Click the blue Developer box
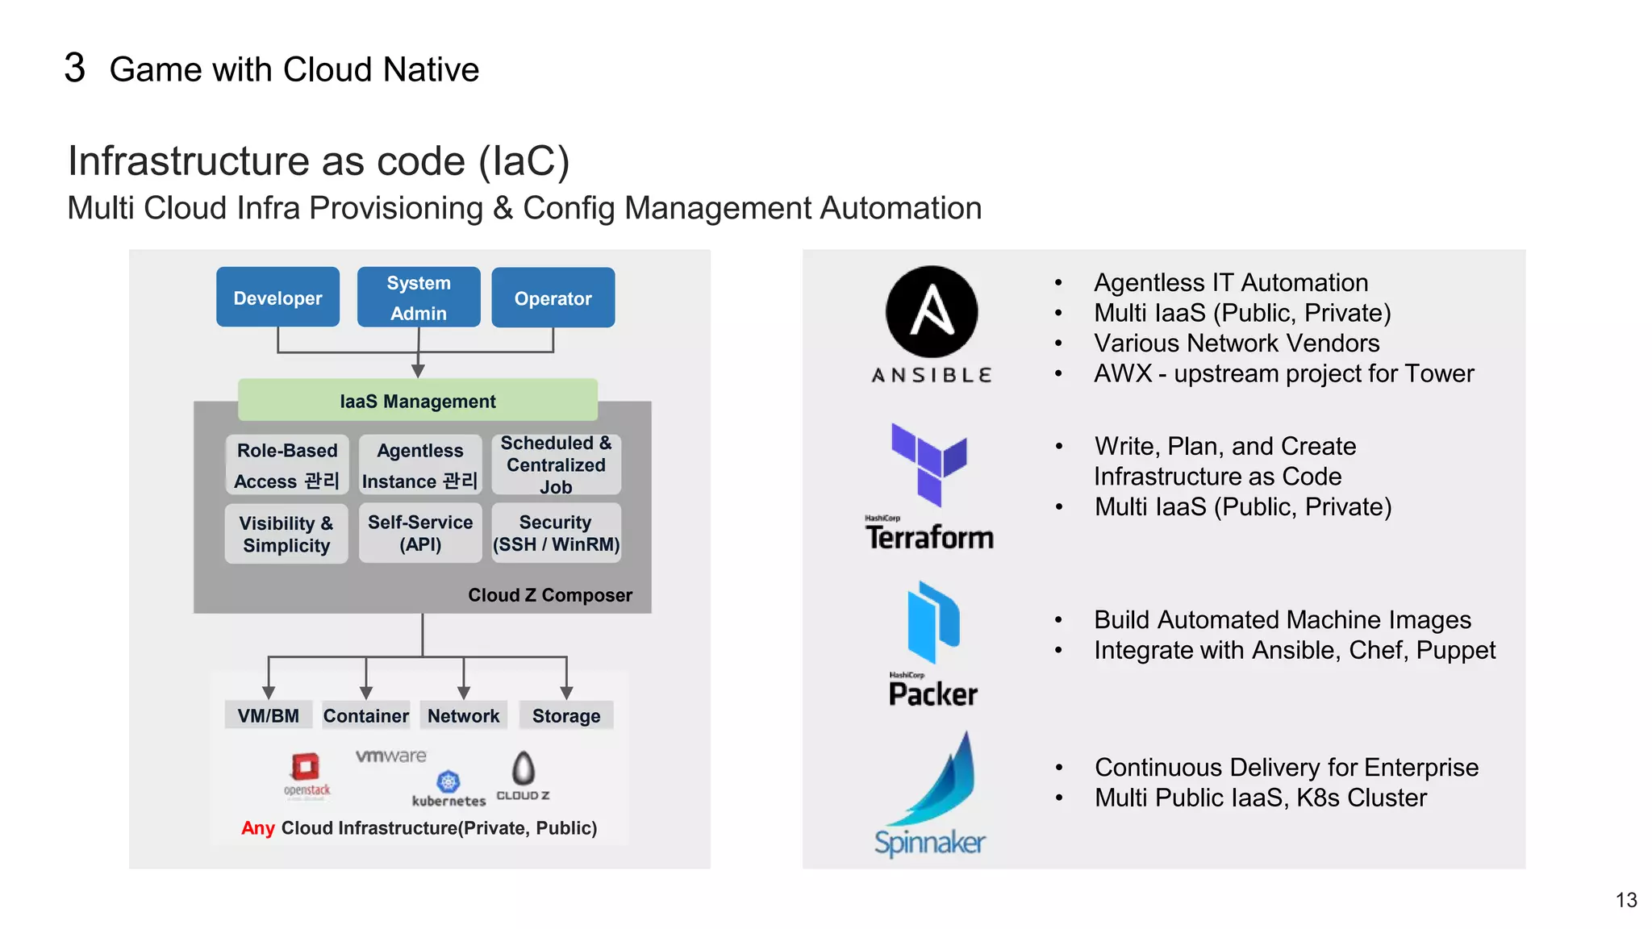coord(277,298)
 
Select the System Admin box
coord(419,298)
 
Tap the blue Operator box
coord(553,298)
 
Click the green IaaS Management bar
coord(418,401)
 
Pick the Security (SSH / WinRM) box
coord(556,533)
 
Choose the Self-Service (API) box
coord(420,533)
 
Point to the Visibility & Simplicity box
coord(286,534)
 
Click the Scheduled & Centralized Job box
coord(556,464)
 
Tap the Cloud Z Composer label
coord(550,595)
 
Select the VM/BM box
coord(269,715)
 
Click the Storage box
coord(566,715)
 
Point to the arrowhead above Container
coord(366,693)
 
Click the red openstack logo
coord(306,767)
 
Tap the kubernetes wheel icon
coord(448,781)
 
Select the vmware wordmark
coord(391,756)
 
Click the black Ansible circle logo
coord(932,312)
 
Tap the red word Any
coord(258,828)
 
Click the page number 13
coord(1626,900)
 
